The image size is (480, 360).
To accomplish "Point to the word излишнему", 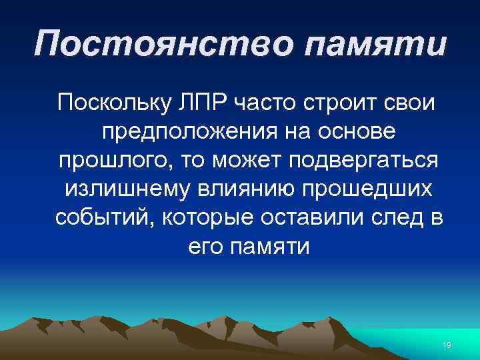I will point(125,190).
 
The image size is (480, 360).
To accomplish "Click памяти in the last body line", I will point(269,247).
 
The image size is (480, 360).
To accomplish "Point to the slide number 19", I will point(447,345).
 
